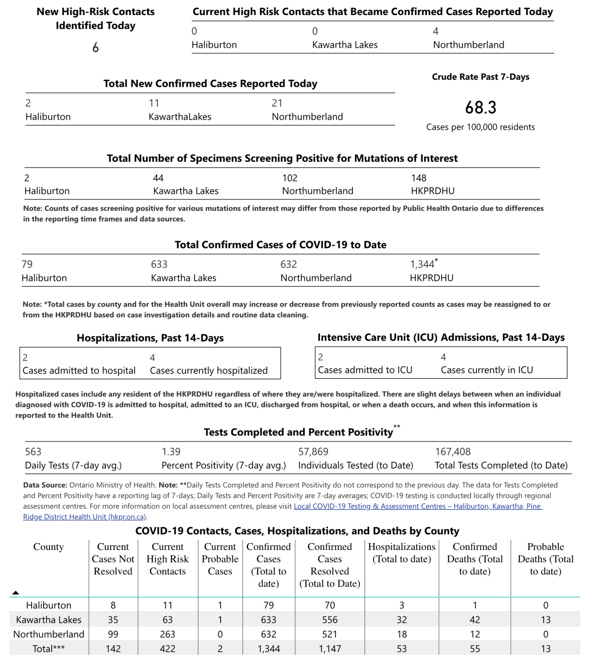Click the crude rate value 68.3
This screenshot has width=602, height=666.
(480, 107)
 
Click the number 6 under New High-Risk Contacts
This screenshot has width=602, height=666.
(95, 48)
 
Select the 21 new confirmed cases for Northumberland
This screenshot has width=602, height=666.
(277, 103)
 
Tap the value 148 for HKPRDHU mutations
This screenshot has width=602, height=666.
(418, 178)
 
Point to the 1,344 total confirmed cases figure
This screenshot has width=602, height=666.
(422, 264)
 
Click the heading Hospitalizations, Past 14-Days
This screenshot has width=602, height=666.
(150, 338)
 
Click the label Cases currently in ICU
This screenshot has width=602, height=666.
(487, 370)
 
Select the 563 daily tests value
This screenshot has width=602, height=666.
(33, 452)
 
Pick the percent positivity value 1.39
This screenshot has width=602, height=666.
(171, 452)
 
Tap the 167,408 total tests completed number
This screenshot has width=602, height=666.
(452, 452)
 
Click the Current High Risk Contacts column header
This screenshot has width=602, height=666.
(167, 559)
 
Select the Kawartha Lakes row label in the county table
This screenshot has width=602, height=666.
(49, 620)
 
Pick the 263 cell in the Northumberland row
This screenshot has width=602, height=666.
(167, 634)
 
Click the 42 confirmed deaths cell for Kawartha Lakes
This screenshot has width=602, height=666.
(474, 620)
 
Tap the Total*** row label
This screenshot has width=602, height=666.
(49, 649)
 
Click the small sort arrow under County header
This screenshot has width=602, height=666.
(16, 593)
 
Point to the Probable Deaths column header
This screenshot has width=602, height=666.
(545, 559)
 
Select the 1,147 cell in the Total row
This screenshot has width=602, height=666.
(329, 649)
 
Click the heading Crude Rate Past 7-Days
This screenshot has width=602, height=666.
(480, 77)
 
